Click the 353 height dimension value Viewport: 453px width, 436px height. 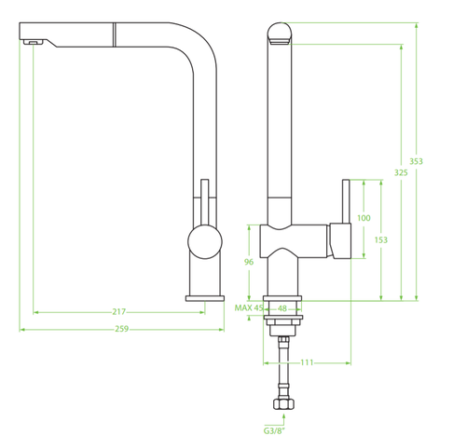pyautogui.click(x=416, y=161)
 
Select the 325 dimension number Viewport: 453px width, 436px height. pyautogui.click(x=401, y=172)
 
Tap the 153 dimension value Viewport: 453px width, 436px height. pyautogui.click(x=380, y=239)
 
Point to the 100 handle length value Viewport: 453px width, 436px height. pyautogui.click(x=364, y=218)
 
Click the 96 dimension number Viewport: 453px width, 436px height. pyautogui.click(x=249, y=262)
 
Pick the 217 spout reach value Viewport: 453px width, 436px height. pyautogui.click(x=119, y=312)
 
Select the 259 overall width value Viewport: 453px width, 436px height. pyautogui.click(x=119, y=329)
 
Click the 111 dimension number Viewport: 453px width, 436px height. pyautogui.click(x=306, y=362)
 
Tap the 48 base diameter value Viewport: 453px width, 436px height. pyautogui.click(x=281, y=307)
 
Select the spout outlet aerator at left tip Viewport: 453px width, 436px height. pyautogui.click(x=32, y=41)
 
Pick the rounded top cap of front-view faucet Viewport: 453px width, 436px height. pyautogui.click(x=281, y=34)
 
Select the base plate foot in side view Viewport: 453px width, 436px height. pyautogui.click(x=204, y=298)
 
